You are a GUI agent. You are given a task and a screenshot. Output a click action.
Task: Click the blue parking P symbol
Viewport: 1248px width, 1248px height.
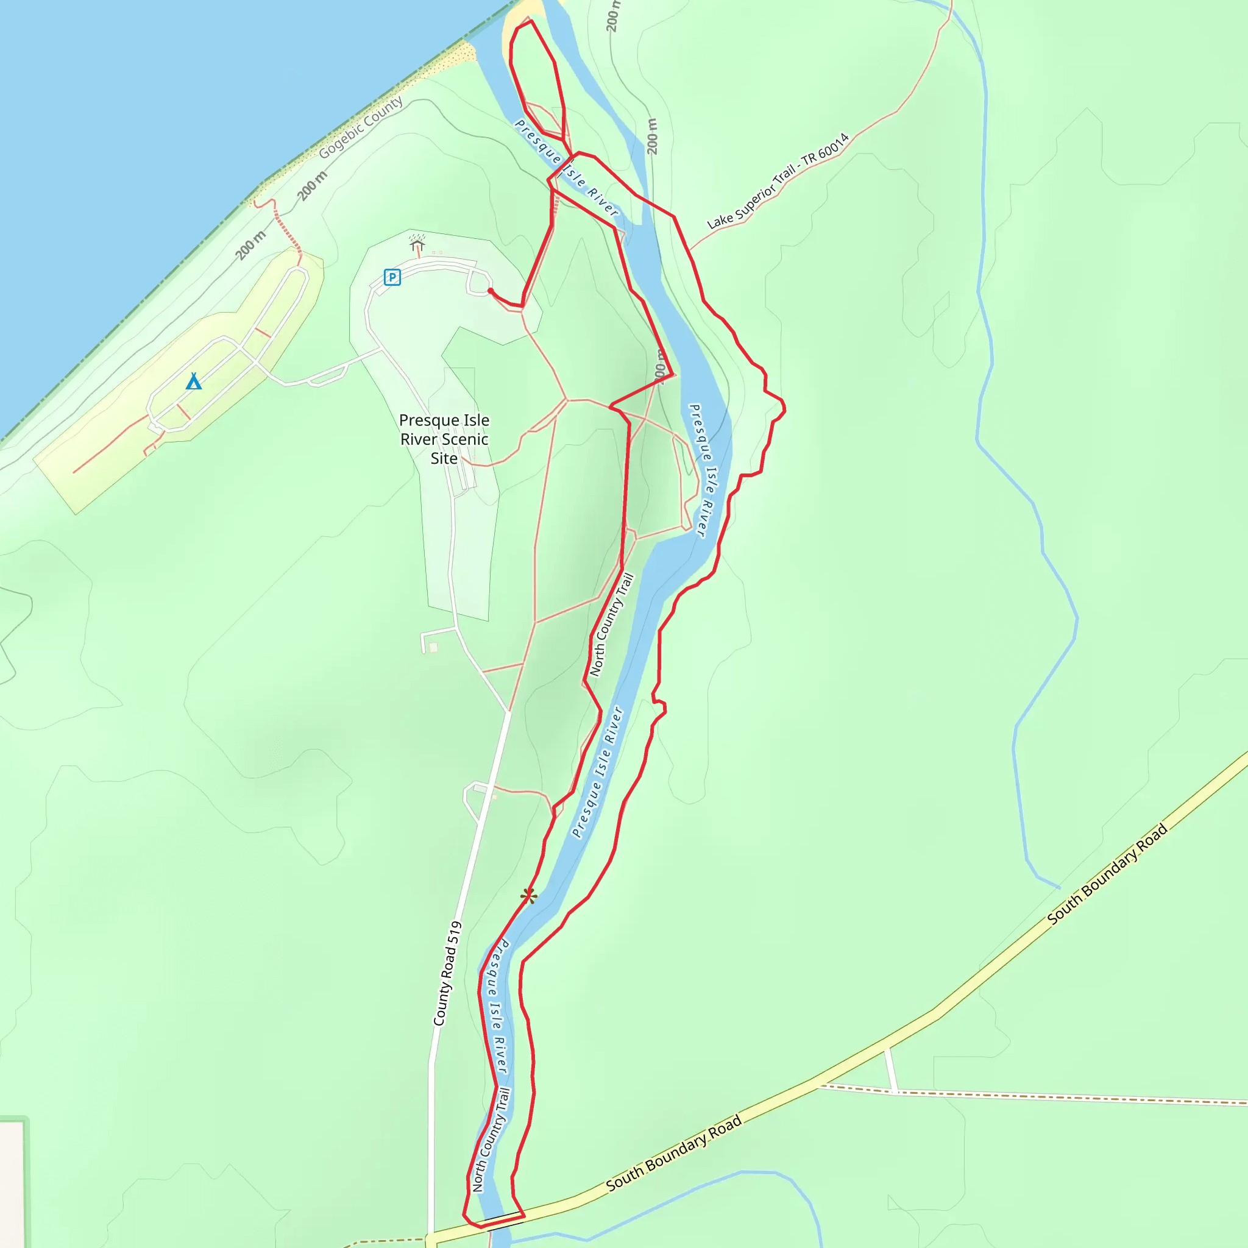point(392,277)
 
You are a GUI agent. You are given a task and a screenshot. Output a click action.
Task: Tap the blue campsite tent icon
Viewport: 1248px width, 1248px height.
point(194,381)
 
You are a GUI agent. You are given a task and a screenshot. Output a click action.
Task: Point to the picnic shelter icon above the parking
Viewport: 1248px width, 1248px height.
point(417,243)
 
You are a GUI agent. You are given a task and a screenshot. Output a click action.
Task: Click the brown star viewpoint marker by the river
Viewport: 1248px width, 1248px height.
point(528,895)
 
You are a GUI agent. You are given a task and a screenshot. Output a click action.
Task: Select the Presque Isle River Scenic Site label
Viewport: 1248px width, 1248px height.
point(444,439)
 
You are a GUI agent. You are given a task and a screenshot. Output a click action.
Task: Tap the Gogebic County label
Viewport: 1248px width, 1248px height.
point(361,127)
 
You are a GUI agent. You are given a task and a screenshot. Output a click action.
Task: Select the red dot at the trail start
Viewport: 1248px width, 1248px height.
point(491,291)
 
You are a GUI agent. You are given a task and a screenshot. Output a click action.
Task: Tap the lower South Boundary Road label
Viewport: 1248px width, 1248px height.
point(674,1154)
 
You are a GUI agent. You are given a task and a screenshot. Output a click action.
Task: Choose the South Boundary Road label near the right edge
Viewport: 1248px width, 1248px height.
point(1107,874)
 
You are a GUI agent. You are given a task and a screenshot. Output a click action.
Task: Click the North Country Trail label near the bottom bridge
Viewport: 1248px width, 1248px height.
point(492,1140)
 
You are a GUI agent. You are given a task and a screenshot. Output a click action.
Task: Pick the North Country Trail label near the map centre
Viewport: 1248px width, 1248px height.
point(611,625)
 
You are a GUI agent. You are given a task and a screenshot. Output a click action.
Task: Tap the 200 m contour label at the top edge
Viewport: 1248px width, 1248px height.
point(612,16)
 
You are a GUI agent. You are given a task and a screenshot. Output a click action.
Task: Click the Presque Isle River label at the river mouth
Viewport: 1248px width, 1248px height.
point(566,168)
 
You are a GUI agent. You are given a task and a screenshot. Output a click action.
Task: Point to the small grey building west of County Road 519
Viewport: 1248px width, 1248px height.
point(433,647)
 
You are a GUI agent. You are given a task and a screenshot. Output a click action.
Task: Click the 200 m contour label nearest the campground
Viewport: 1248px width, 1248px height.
point(250,246)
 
